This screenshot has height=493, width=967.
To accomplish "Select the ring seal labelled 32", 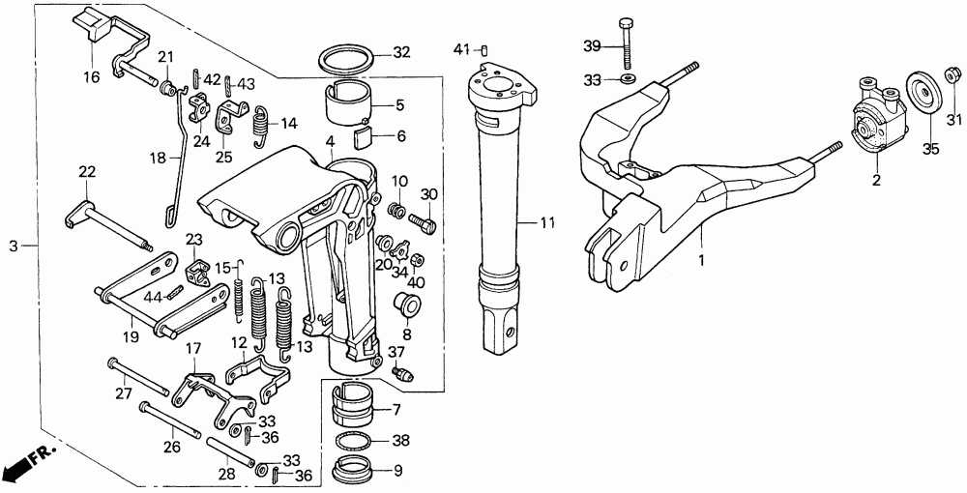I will point(348,59).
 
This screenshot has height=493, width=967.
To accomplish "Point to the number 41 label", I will point(462,48).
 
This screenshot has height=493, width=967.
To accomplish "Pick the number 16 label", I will point(91,77).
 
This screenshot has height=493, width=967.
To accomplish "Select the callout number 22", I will point(87,172).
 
